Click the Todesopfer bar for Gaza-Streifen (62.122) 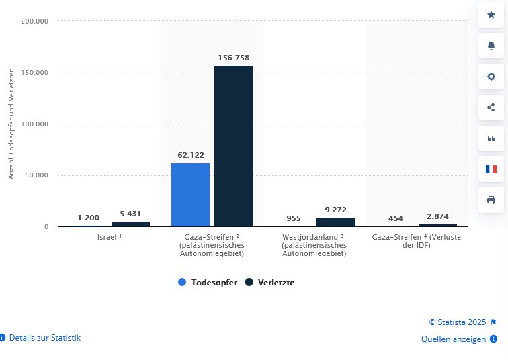point(190,195)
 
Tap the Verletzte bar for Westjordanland point(335,222)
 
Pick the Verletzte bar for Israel point(130,224)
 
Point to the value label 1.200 point(88,218)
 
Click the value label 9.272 point(335,210)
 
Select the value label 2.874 point(437,216)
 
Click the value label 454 point(395,218)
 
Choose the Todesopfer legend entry point(208,283)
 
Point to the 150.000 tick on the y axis point(36,73)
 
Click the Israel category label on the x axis point(108,238)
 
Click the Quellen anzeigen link point(454,339)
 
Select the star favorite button point(491,15)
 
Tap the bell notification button point(491,46)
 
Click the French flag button point(491,169)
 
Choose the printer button point(491,200)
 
